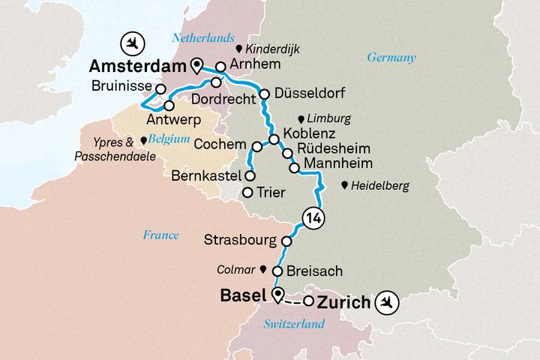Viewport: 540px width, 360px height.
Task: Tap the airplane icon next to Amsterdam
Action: (x=132, y=40)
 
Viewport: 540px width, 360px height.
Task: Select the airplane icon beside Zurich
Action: (x=388, y=303)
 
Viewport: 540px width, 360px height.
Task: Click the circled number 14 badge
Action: (x=313, y=219)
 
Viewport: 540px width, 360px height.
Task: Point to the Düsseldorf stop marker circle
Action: (x=264, y=94)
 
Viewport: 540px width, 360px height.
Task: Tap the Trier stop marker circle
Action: (x=247, y=193)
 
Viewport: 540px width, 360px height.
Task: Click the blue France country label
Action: (x=160, y=235)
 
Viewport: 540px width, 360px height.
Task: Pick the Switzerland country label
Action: (x=294, y=324)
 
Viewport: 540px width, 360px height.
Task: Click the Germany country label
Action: (x=391, y=58)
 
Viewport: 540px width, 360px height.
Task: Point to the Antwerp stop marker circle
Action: (x=169, y=106)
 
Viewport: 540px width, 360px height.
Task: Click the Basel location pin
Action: (x=278, y=295)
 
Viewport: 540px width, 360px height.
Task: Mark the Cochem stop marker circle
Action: (x=256, y=145)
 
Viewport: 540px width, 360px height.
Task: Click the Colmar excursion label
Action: (x=236, y=268)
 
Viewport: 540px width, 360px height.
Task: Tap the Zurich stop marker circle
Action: (x=308, y=302)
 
